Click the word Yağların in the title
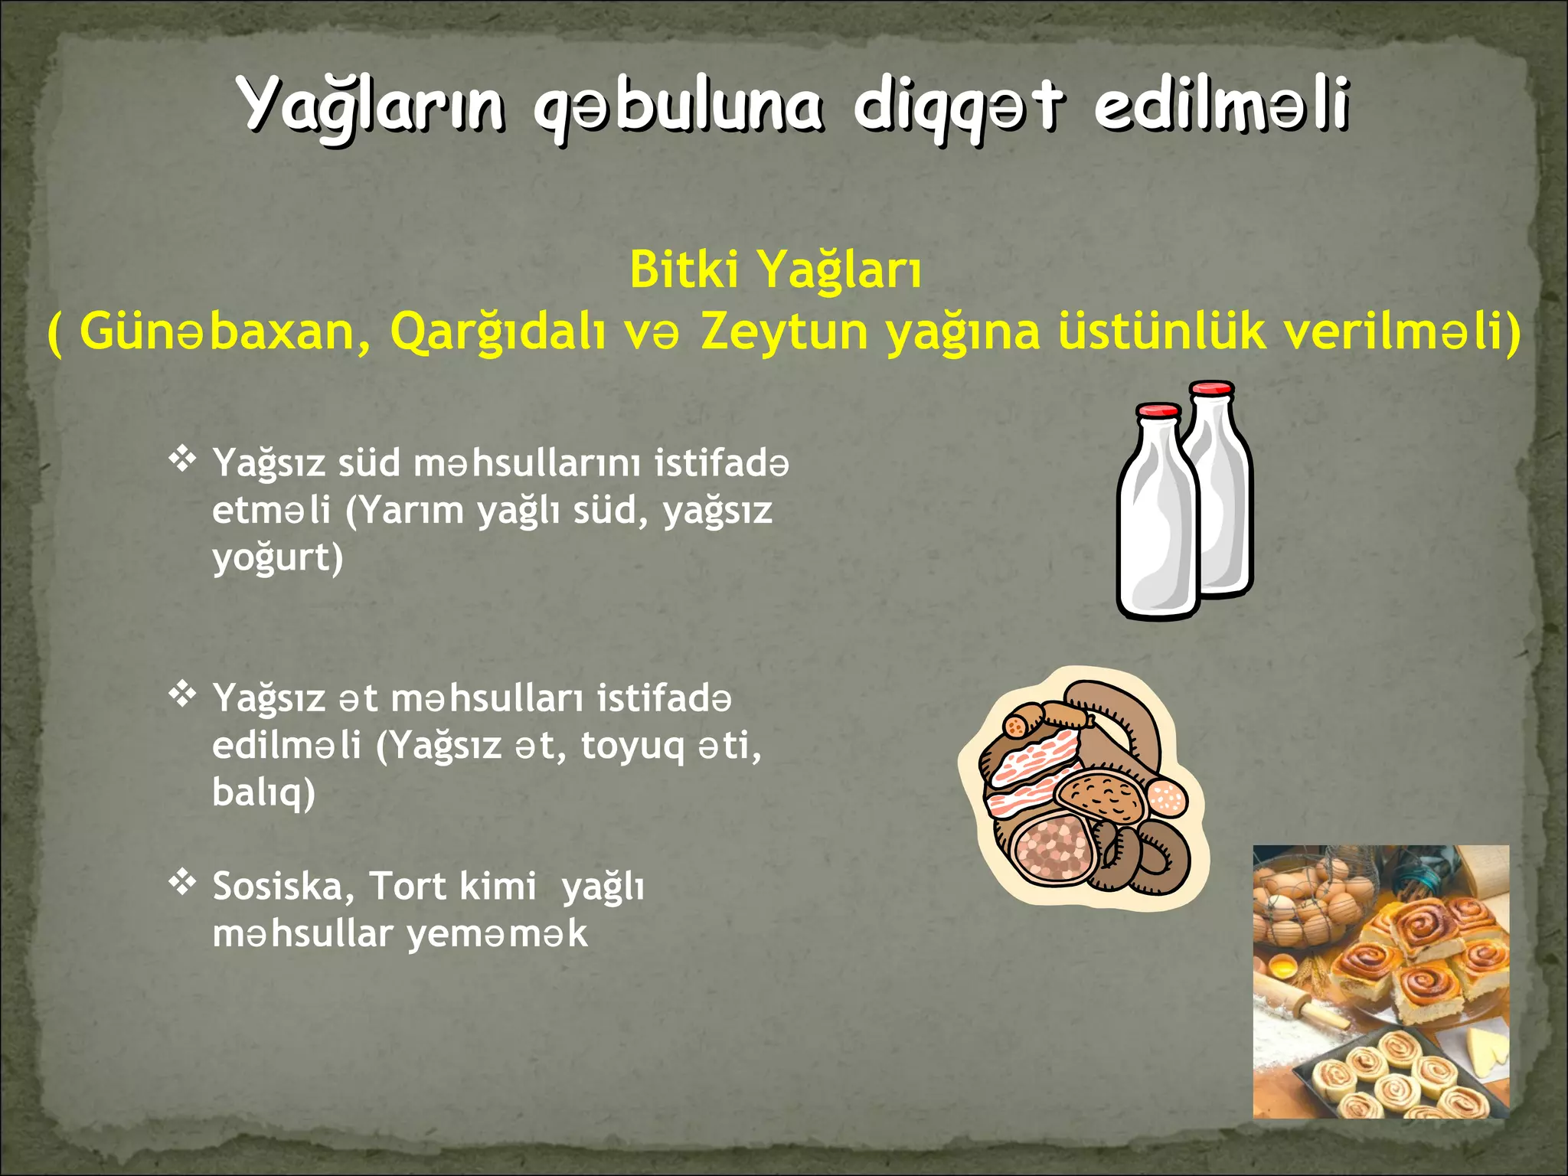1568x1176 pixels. click(x=371, y=107)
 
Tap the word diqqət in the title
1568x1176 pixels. click(x=957, y=107)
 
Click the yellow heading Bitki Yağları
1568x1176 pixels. click(x=776, y=270)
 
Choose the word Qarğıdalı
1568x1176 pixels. click(x=498, y=332)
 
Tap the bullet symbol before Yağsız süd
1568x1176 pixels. click(x=182, y=459)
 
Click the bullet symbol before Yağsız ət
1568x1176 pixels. click(x=182, y=694)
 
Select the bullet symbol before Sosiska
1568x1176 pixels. click(x=182, y=883)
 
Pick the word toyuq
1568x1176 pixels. click(x=632, y=746)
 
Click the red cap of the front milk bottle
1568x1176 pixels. click(x=1158, y=411)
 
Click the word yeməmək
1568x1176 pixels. click(x=497, y=934)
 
